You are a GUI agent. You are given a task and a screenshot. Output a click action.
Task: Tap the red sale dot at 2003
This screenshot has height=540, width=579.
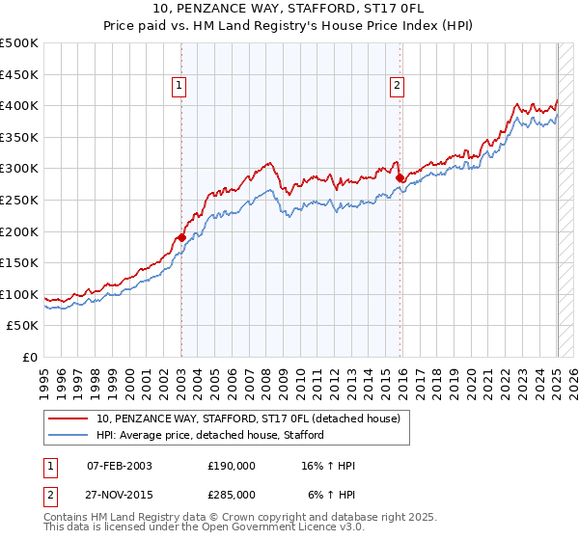point(181,237)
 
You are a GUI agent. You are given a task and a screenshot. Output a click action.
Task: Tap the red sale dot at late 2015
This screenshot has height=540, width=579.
point(400,177)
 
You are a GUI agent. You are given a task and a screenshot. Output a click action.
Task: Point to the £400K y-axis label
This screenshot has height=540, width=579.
point(19,105)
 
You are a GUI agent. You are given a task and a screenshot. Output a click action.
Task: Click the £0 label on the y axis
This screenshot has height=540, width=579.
point(29,357)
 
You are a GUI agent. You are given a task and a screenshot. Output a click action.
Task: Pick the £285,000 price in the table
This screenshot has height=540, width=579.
point(231,495)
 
